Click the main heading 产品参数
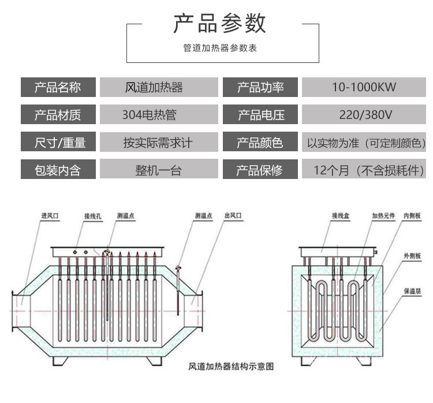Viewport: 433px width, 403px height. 220,24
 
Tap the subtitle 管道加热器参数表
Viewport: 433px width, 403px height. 220,48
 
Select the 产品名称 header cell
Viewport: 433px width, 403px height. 58,87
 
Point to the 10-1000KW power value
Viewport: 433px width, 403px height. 364,87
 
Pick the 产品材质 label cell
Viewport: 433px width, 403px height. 58,114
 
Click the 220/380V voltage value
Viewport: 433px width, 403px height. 365,114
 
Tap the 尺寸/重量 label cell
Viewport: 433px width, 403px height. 58,142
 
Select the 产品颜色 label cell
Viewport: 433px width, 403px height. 260,142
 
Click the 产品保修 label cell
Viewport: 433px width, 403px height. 260,170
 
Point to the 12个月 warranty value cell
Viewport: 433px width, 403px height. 364,170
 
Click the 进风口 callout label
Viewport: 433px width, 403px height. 50,216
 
